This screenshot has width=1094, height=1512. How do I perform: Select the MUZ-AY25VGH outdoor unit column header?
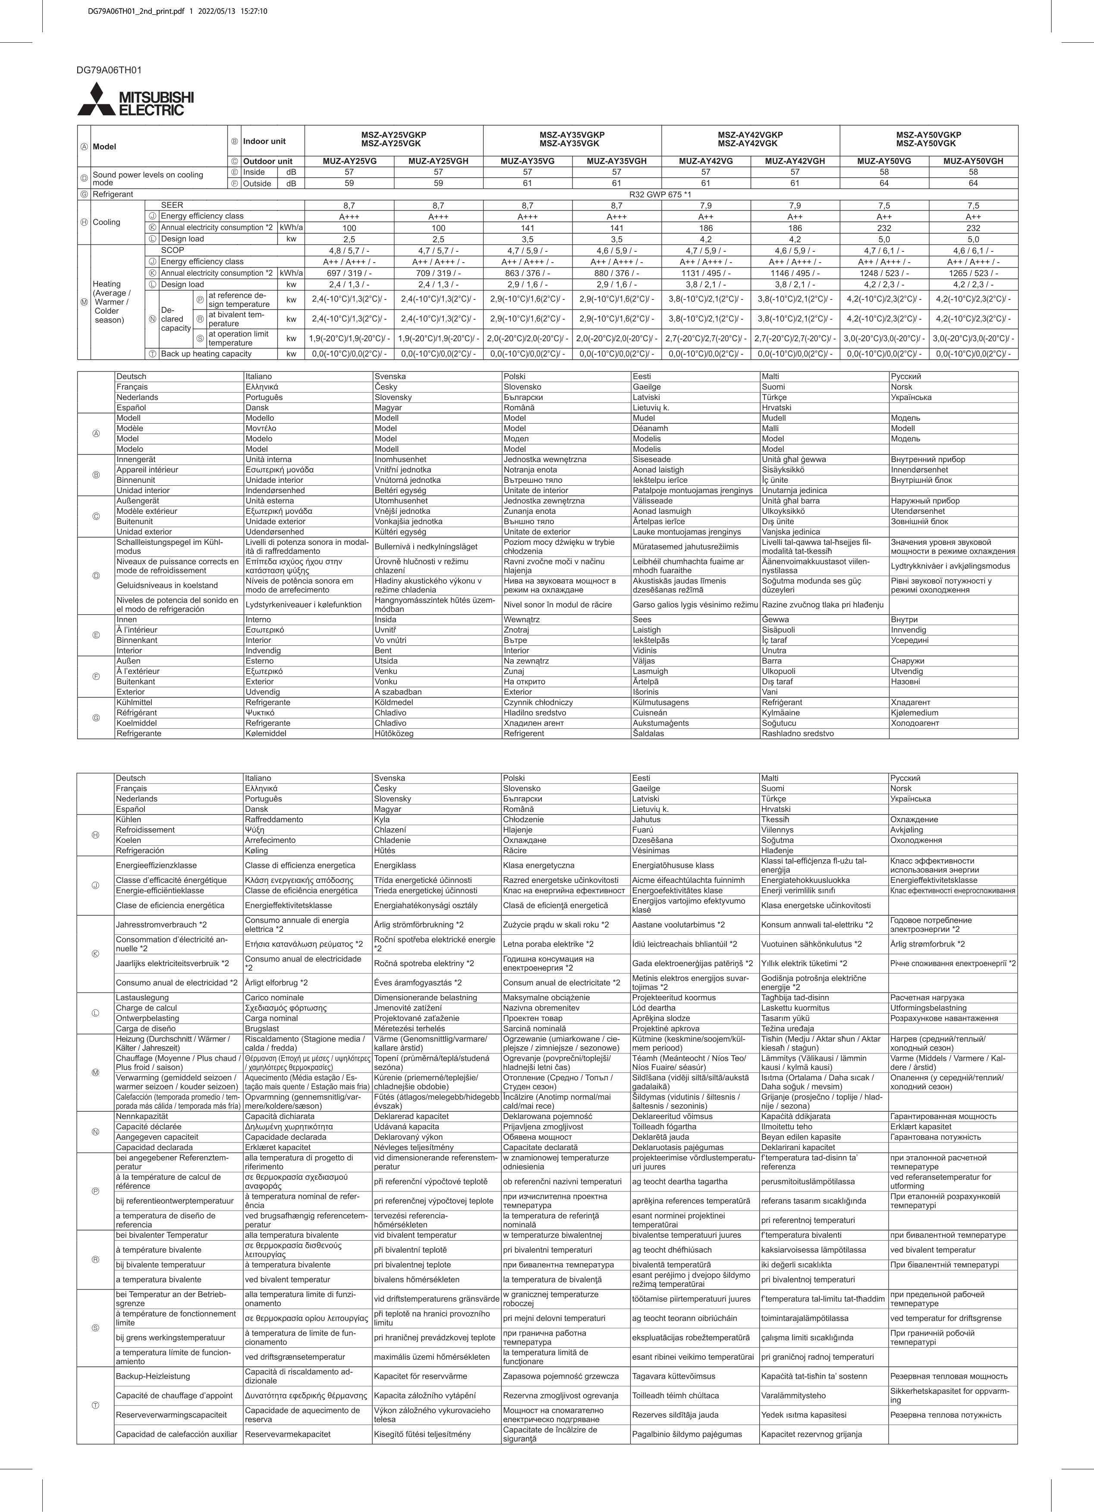[438, 160]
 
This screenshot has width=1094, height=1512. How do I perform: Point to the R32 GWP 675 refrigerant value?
[660, 194]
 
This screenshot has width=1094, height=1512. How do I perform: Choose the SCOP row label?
[172, 250]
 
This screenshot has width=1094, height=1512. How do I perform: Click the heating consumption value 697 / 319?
[349, 273]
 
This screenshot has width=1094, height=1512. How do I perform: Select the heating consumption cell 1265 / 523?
[973, 273]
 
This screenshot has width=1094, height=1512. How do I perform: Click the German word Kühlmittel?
[134, 702]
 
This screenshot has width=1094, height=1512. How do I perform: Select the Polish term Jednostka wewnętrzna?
[545, 459]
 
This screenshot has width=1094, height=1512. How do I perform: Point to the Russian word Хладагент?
[910, 702]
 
